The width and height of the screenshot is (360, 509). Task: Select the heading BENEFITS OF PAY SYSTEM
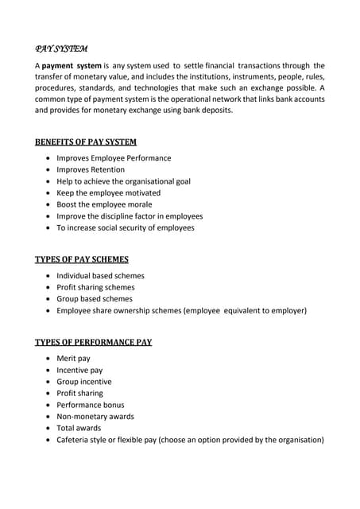tap(86, 142)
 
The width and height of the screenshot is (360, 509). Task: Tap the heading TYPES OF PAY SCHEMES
tap(82, 259)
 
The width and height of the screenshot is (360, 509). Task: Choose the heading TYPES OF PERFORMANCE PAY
tap(94, 342)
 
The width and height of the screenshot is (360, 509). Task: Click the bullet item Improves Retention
tap(91, 169)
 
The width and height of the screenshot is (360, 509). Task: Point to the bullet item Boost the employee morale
tap(103, 204)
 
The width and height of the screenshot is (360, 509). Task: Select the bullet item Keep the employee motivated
tap(108, 192)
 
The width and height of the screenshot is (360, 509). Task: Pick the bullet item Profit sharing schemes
tap(95, 287)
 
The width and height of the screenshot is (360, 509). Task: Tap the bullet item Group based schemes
tap(95, 299)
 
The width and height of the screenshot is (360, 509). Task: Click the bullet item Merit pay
tap(73, 359)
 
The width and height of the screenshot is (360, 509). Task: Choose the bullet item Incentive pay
tap(79, 370)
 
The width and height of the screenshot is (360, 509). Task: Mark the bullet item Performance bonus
tap(91, 405)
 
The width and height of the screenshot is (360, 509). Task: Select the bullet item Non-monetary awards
tap(95, 416)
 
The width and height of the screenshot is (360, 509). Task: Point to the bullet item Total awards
tap(79, 428)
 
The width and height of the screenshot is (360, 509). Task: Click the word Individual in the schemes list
tap(75, 276)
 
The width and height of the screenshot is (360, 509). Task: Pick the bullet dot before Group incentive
tap(48, 382)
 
